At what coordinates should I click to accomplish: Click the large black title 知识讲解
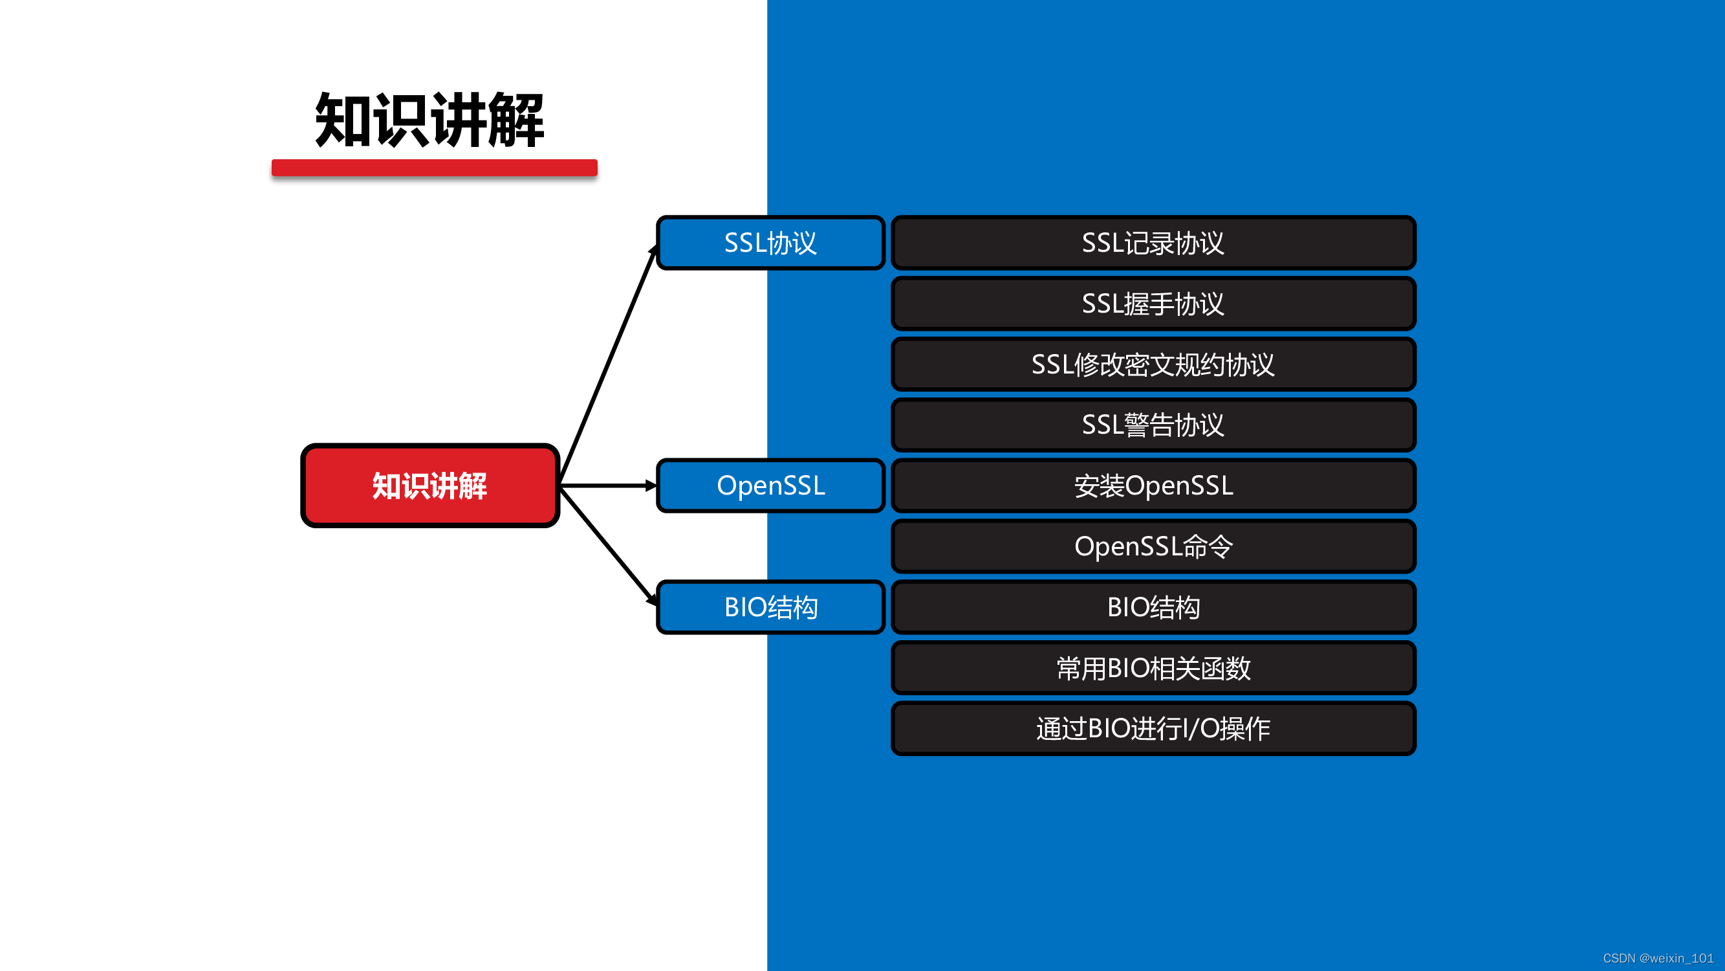point(429,120)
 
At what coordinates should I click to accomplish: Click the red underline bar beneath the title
point(434,168)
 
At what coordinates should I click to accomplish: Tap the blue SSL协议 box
point(770,243)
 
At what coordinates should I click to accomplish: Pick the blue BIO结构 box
point(770,607)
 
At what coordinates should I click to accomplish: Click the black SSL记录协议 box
point(1153,243)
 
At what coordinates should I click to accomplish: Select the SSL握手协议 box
point(1153,304)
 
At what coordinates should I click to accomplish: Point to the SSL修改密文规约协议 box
point(1153,364)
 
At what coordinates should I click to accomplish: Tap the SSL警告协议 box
point(1153,425)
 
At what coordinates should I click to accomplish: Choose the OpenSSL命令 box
point(1153,546)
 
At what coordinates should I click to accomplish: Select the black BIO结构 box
point(1153,607)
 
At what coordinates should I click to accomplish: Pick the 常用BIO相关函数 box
point(1153,668)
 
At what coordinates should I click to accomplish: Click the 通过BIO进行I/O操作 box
point(1153,728)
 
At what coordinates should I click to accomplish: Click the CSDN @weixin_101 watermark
point(1657,958)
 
